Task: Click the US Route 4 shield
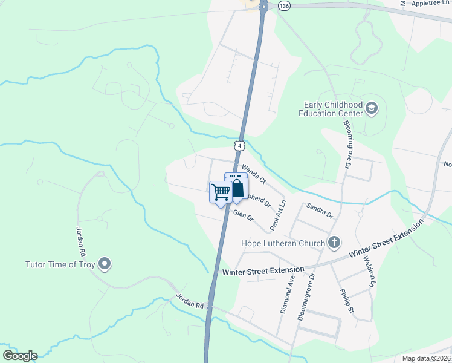(x=240, y=146)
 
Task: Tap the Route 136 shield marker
(x=283, y=5)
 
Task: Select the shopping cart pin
(x=221, y=192)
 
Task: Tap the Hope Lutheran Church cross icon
(x=334, y=243)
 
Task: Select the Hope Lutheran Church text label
(x=283, y=244)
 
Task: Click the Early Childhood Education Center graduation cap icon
(x=372, y=108)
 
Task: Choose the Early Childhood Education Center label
(x=329, y=108)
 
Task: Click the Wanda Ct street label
(x=254, y=172)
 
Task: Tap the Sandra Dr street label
(x=320, y=210)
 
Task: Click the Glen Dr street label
(x=243, y=215)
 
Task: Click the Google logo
(x=20, y=356)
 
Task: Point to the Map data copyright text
(x=426, y=359)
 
